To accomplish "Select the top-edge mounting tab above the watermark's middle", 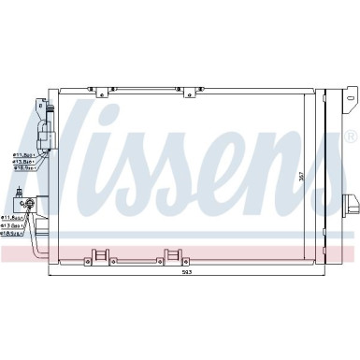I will coord(193,92).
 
